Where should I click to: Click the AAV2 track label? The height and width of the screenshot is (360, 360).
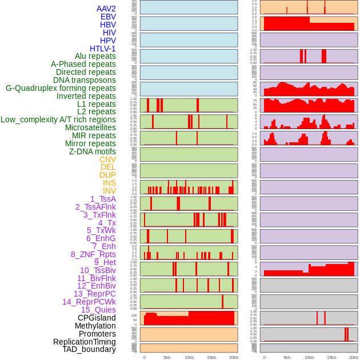click(106, 9)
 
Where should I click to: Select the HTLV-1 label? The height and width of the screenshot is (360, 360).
click(102, 49)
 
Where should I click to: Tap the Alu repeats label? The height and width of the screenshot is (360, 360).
click(95, 57)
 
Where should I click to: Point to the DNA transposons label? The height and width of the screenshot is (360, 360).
click(84, 80)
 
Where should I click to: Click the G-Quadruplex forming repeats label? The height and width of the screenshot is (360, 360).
click(61, 88)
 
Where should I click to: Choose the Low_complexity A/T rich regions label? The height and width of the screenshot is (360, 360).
click(58, 119)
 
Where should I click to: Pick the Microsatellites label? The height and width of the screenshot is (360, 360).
click(90, 127)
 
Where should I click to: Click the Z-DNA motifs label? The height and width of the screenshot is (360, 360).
click(92, 151)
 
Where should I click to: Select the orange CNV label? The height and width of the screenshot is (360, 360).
click(107, 159)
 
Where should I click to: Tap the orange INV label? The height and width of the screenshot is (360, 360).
click(109, 191)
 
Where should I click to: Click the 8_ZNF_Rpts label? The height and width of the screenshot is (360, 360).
click(93, 254)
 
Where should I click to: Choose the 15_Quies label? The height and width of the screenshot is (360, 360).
click(98, 310)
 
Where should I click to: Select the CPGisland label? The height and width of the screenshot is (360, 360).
click(97, 318)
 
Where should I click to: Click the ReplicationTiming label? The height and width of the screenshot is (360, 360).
click(84, 342)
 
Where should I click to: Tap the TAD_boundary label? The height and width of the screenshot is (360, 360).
click(89, 349)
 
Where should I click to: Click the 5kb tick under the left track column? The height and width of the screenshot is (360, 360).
click(167, 357)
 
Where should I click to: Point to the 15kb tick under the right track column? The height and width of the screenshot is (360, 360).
click(331, 357)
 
